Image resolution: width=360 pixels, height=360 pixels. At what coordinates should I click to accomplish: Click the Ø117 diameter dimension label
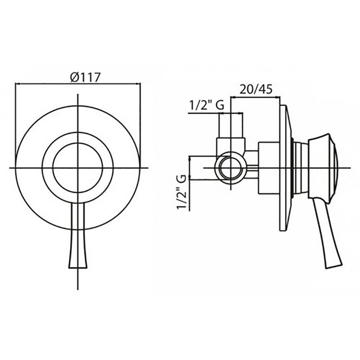(85, 77)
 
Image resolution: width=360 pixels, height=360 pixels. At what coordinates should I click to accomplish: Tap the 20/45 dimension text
(256, 89)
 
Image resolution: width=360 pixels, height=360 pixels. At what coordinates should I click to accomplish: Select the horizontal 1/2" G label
(207, 105)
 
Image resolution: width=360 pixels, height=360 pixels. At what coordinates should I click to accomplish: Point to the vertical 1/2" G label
(181, 192)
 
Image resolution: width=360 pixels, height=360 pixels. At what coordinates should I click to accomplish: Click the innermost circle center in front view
(78, 168)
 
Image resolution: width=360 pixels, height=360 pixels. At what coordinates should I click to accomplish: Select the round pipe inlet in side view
(230, 168)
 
